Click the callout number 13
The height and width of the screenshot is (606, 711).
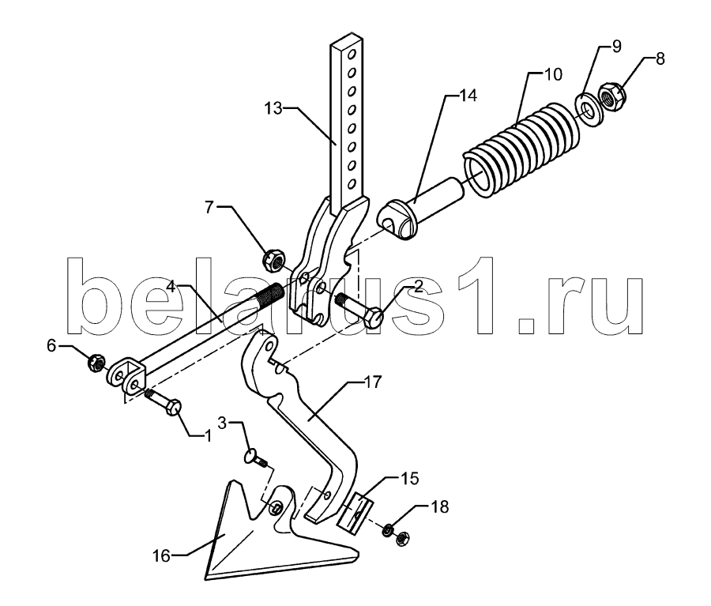coord(273,108)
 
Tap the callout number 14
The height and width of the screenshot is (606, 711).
coord(468,96)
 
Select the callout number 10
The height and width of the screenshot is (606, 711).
coord(553,73)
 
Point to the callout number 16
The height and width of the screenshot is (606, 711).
coord(162,555)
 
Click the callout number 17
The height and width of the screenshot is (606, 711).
coord(373,382)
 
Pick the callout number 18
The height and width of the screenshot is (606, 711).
coord(440,506)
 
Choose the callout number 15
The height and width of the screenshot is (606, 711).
coord(409,479)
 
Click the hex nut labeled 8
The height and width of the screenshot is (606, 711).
coord(613,95)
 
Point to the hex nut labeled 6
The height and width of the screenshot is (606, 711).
coord(96,363)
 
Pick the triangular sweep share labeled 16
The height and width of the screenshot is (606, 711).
coord(254,544)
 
